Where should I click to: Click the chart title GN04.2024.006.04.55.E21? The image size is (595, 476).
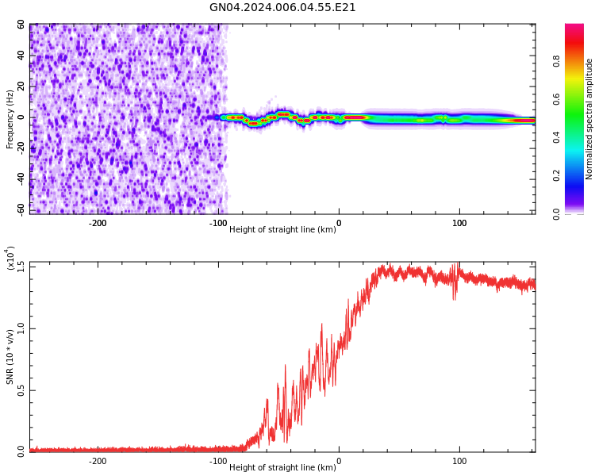282,8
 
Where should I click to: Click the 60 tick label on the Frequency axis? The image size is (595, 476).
21,25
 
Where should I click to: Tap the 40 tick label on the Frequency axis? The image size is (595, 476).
21,56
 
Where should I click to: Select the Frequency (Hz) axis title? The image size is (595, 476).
10,118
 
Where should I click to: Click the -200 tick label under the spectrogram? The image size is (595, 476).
98,223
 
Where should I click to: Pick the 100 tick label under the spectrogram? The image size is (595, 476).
459,223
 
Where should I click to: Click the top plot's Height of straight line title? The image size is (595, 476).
282,230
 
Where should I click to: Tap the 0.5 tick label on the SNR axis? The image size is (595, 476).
21,390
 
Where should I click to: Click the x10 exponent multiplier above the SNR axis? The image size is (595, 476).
11,259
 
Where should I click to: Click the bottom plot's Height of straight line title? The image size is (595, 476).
282,468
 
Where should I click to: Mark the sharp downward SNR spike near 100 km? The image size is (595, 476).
455,297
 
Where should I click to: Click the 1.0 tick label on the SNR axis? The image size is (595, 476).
21,328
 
